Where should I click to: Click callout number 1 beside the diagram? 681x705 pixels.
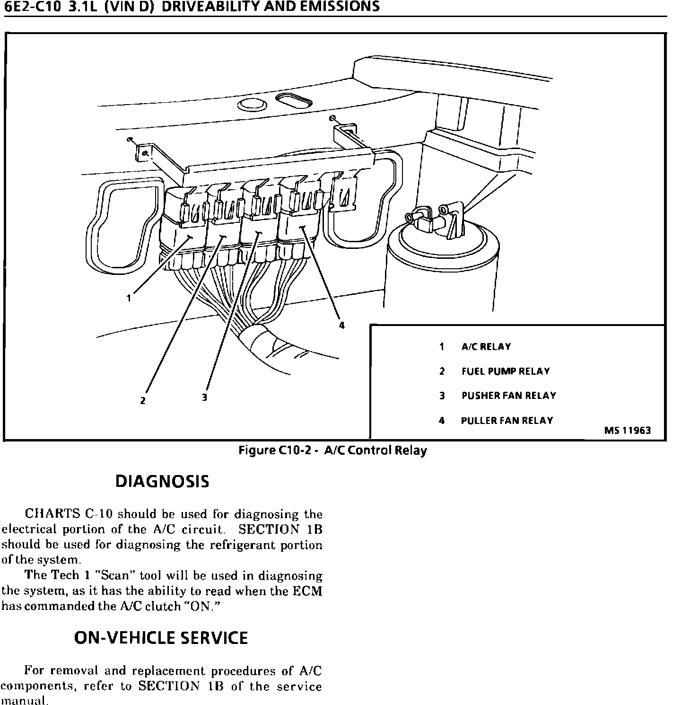click(x=128, y=298)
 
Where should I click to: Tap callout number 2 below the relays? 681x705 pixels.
click(x=143, y=400)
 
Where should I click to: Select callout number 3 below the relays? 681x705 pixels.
click(x=204, y=397)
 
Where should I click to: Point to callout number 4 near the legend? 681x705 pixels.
click(x=341, y=326)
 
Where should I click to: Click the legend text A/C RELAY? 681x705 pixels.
click(x=486, y=347)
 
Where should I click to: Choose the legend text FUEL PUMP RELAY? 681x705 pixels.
click(x=506, y=371)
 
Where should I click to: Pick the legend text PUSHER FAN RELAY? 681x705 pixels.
click(x=508, y=396)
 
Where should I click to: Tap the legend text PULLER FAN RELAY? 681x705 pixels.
click(x=506, y=421)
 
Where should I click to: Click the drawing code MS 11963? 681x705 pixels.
click(x=627, y=431)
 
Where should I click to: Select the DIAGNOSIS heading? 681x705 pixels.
click(x=162, y=482)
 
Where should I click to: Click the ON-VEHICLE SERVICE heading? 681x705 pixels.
click(x=161, y=638)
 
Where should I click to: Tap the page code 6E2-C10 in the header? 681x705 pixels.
click(x=32, y=6)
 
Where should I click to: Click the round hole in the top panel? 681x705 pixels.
click(x=252, y=104)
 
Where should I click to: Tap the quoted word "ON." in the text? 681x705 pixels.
click(x=202, y=606)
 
